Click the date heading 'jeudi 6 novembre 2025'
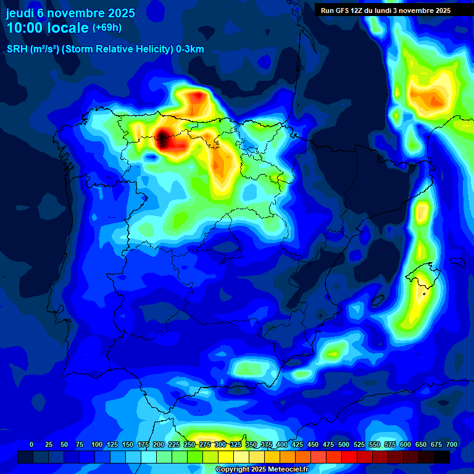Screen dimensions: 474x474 point(70,14)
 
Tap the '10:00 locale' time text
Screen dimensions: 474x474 point(48,28)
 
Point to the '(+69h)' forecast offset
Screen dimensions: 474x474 point(107,28)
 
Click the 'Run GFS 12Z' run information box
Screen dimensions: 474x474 point(386,10)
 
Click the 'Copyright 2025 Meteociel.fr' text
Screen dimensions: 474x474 point(261,470)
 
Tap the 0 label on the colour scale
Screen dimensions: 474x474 point(31,444)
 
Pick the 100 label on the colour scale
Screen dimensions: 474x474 point(97,444)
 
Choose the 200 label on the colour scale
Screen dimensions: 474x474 point(159,444)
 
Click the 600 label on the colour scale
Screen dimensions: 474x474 point(405,444)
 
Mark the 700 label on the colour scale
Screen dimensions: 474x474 point(452,444)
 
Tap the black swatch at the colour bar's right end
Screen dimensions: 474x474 point(442,457)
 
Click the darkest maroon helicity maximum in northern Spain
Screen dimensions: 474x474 point(162,138)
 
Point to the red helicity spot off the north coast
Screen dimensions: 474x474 point(197,96)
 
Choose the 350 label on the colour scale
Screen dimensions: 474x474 point(251,444)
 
